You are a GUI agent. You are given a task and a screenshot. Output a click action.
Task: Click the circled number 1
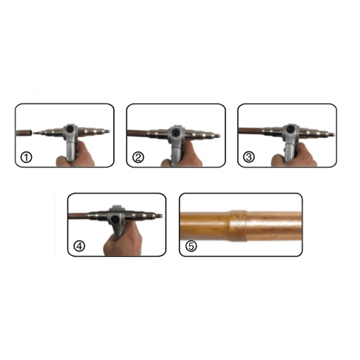pyautogui.click(x=26, y=157)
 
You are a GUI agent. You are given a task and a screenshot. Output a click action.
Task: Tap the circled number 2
pyautogui.click(x=138, y=157)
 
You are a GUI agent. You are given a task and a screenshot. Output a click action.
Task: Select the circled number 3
pyautogui.click(x=249, y=157)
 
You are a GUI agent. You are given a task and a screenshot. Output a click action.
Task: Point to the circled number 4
pyautogui.click(x=79, y=246)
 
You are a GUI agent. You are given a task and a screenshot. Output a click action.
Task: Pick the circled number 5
pyautogui.click(x=191, y=246)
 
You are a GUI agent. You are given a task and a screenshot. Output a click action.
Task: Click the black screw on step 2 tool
pyautogui.click(x=176, y=132)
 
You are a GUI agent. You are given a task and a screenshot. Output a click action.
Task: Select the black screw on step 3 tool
pyautogui.click(x=290, y=129)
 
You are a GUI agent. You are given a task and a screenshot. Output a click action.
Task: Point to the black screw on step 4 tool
pyautogui.click(x=114, y=219)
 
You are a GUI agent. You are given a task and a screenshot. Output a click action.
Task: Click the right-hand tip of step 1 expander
pyautogui.click(x=109, y=131)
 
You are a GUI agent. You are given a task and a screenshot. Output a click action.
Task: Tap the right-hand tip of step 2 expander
pyautogui.click(x=219, y=136)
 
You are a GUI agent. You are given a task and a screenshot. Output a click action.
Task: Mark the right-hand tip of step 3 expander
pyautogui.click(x=333, y=134)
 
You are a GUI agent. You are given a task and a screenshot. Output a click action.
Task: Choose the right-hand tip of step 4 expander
pyautogui.click(x=161, y=216)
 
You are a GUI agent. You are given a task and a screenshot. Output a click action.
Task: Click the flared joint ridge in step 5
pyautogui.click(x=238, y=225)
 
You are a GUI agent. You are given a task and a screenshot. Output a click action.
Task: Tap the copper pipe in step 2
pyautogui.click(x=138, y=133)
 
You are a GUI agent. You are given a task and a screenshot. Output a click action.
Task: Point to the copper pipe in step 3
pyautogui.click(x=250, y=131)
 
